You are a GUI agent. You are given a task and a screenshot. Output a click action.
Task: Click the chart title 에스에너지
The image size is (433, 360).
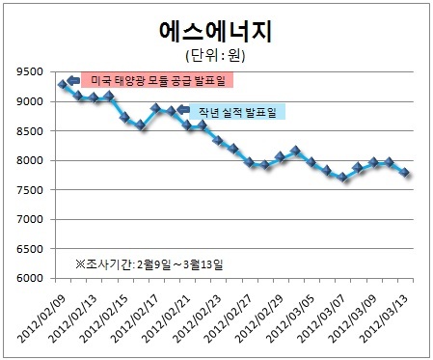[x=216, y=31]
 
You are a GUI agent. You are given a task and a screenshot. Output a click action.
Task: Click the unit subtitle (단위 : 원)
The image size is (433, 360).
[x=215, y=55]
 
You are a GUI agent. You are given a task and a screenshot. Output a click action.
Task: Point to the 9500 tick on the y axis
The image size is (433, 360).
[x=30, y=71]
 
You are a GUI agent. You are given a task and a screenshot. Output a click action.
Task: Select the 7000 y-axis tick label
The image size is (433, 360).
[x=30, y=219]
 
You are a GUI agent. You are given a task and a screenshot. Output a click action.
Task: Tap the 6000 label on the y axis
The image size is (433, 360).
[x=30, y=278]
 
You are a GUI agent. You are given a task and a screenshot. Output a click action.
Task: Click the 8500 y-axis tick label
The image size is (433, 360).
[x=30, y=131]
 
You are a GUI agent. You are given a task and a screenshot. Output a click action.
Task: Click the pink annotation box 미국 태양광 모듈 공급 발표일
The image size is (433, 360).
[x=157, y=80]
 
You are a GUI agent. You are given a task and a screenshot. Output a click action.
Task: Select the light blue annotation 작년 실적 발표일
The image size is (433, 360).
[x=237, y=112]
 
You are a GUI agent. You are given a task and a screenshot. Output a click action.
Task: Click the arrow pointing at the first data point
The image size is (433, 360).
[x=73, y=80]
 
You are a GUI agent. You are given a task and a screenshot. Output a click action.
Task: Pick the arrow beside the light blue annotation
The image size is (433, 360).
[x=183, y=110]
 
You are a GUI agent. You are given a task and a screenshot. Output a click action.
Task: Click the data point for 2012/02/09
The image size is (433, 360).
[x=63, y=85]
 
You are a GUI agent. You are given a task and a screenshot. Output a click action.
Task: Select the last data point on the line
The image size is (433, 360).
[x=405, y=173]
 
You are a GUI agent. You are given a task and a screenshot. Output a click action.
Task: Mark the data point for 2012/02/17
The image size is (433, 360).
[x=155, y=108]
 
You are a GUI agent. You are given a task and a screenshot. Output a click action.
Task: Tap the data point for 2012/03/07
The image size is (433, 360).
[x=342, y=178]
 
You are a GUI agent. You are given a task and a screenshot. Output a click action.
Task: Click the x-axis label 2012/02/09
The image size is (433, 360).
[x=41, y=318]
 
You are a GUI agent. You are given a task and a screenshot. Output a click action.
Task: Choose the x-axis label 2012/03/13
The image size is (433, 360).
[x=384, y=318]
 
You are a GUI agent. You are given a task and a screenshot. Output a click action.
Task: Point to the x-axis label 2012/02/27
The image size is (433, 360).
[x=228, y=318]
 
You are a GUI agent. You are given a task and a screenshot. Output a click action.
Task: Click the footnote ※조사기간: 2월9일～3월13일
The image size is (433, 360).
[x=149, y=264]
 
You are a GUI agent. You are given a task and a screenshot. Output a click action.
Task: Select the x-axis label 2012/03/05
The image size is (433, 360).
[x=290, y=318]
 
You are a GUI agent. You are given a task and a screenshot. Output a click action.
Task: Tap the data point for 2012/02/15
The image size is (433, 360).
[x=124, y=118]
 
